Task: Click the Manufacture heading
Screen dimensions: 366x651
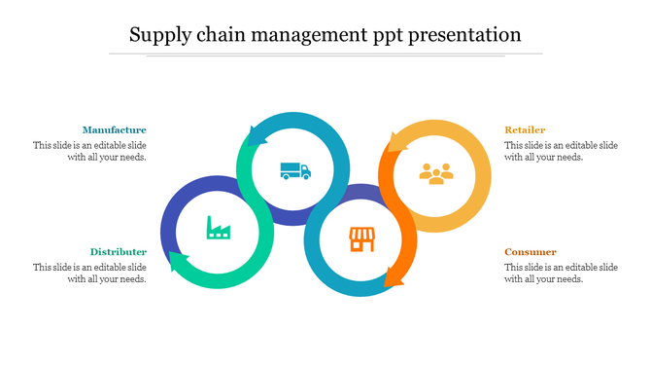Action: point(115,129)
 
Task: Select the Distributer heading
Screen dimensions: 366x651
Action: point(119,251)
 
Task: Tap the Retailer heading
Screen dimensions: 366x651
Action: point(525,129)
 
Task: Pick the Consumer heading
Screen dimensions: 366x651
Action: point(531,252)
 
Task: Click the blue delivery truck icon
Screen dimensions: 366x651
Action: point(294,170)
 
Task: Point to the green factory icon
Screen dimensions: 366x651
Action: point(218,229)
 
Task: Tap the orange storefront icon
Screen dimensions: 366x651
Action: point(361,238)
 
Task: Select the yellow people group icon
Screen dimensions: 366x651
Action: point(436,173)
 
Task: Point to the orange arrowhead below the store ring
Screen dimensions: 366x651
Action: point(394,278)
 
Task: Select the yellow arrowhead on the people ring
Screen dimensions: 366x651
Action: point(394,143)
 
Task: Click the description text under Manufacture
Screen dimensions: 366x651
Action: point(90,151)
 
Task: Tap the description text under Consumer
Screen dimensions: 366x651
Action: point(561,273)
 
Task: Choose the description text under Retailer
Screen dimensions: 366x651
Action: point(561,151)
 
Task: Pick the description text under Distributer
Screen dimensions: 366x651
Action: point(90,273)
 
